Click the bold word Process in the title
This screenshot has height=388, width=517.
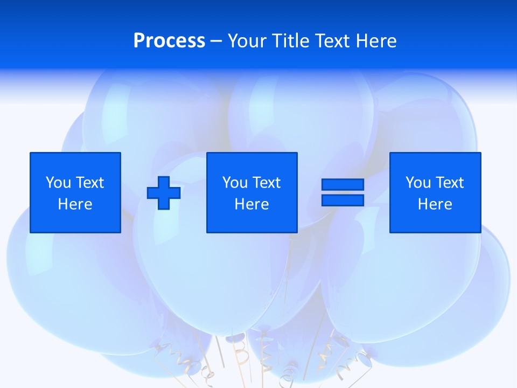click(x=169, y=41)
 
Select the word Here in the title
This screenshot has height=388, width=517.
click(x=376, y=41)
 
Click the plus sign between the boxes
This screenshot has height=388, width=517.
click(x=164, y=192)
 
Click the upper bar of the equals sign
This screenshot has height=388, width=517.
click(x=343, y=184)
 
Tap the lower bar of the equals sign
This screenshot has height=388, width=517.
click(x=343, y=200)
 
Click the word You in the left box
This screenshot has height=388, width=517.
click(x=59, y=183)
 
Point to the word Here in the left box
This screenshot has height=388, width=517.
click(x=75, y=204)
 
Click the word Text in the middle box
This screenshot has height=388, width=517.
click(x=266, y=183)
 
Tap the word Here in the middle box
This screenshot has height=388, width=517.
click(x=252, y=204)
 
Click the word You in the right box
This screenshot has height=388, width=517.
click(x=418, y=183)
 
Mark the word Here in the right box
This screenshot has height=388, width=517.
click(x=435, y=204)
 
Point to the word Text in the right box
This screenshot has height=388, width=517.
click(x=449, y=183)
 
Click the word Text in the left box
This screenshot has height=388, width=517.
click(x=89, y=183)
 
